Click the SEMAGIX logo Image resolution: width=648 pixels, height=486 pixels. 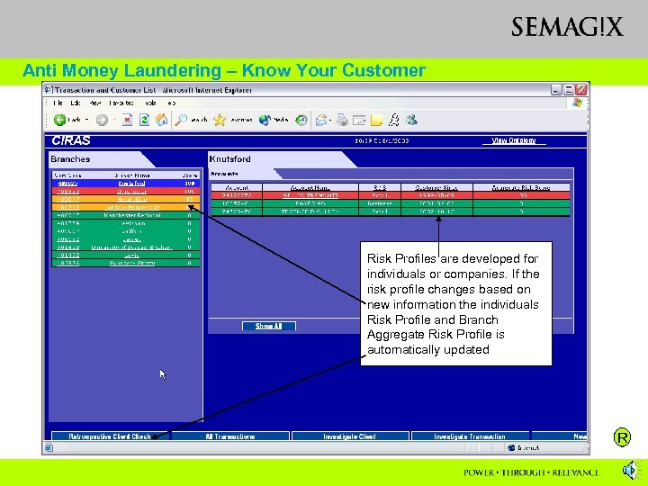[566, 27]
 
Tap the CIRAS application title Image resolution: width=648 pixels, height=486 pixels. [71, 140]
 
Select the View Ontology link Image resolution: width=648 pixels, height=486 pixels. [513, 140]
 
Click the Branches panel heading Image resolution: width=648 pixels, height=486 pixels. [70, 159]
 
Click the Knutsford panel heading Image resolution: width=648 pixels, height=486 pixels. [231, 159]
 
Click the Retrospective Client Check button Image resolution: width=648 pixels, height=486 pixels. [111, 436]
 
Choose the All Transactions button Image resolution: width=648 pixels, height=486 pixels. [225, 436]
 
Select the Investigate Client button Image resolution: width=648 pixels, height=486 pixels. [349, 436]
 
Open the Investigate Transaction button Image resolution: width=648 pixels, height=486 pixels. [469, 436]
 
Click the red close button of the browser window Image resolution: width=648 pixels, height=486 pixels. [582, 90]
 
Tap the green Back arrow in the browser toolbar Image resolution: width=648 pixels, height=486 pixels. [60, 120]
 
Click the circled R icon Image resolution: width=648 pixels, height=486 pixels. [621, 438]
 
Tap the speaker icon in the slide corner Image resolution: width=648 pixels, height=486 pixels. [629, 470]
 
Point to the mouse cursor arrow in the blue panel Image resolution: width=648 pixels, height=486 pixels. [163, 373]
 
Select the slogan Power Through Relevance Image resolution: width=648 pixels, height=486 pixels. [531, 472]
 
